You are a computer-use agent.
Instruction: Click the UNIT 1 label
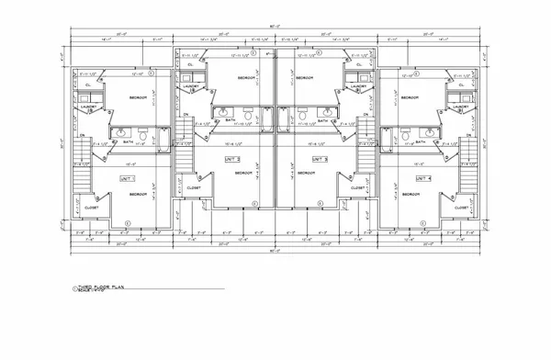pos(127,177)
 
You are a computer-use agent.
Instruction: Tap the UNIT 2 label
pos(231,159)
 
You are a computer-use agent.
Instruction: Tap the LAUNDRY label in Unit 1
pos(89,107)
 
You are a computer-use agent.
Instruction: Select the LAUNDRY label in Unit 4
pos(460,107)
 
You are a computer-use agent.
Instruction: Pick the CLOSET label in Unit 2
pos(194,187)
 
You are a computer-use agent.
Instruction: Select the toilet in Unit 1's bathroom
pos(144,136)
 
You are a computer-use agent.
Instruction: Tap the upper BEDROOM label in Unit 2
pos(246,79)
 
